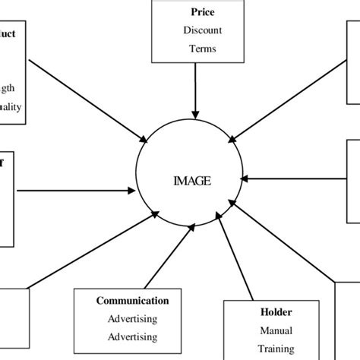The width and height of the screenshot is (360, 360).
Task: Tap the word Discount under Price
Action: click(x=201, y=31)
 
